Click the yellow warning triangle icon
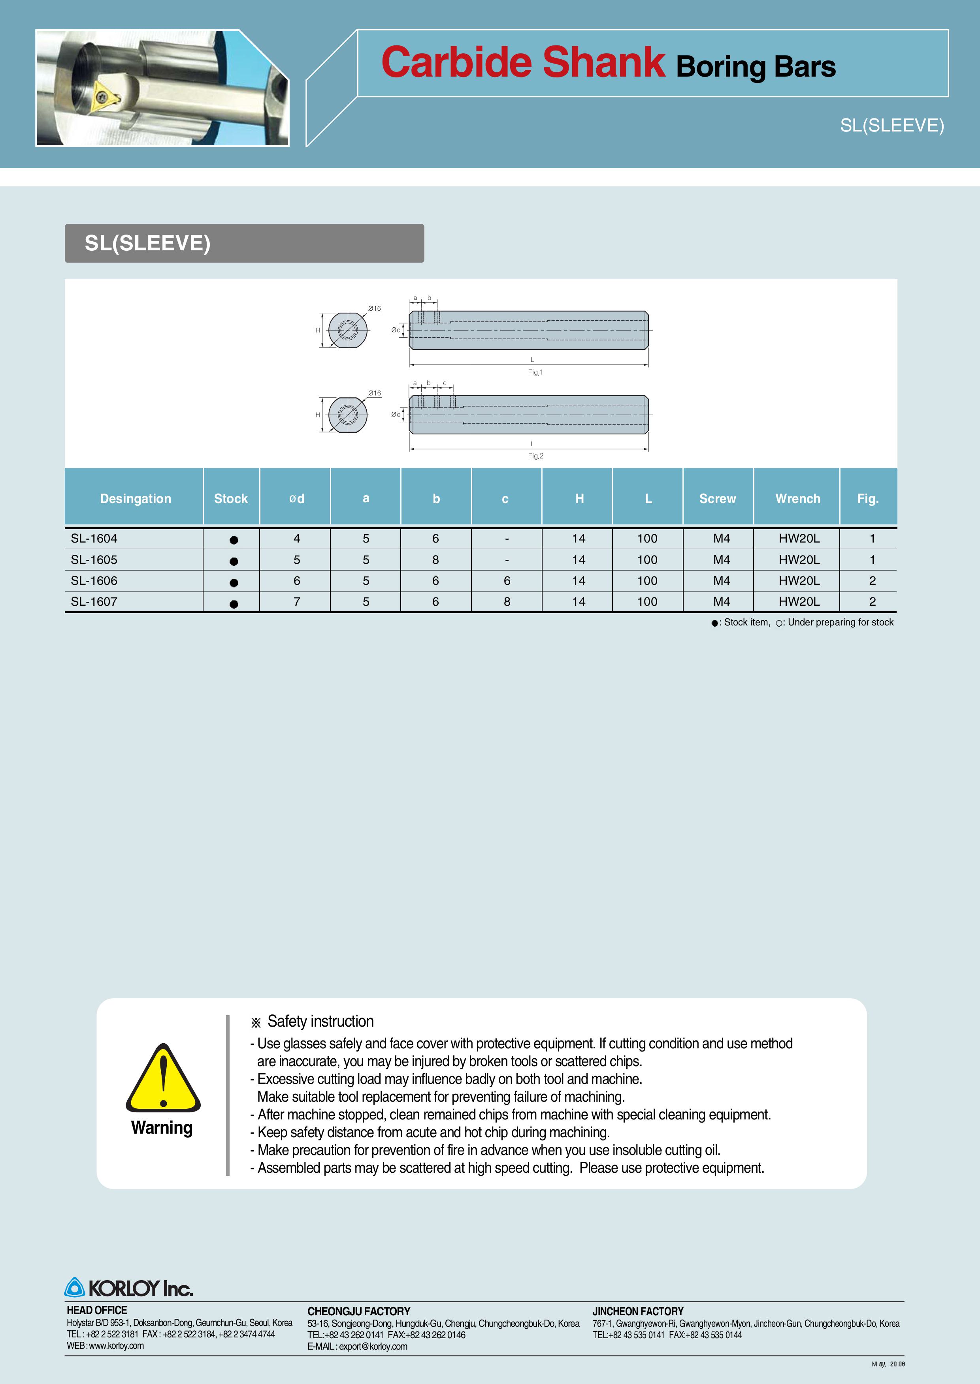tap(163, 1079)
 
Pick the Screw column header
tap(718, 499)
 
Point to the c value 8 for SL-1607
tap(507, 602)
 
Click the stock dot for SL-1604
tap(234, 540)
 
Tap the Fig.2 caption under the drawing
tap(535, 456)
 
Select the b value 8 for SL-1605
tap(436, 560)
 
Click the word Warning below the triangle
tap(162, 1128)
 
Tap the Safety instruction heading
tap(320, 1022)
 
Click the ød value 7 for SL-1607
tap(297, 602)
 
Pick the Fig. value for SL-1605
tap(872, 560)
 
